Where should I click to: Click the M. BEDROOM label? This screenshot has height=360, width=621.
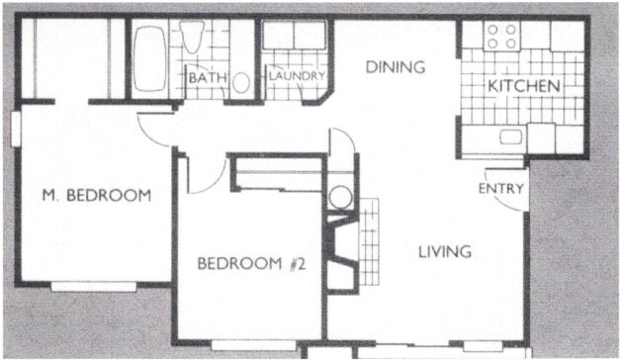(x=96, y=195)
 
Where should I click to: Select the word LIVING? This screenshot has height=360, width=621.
(x=443, y=251)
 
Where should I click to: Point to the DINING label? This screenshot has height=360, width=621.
(x=395, y=68)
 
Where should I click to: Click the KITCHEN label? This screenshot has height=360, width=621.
(x=524, y=86)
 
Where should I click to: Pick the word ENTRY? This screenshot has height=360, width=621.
(x=500, y=188)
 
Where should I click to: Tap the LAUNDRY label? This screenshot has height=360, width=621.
(x=296, y=75)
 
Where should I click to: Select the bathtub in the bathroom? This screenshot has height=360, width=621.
(x=151, y=58)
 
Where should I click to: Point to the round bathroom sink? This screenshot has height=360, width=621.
(x=242, y=81)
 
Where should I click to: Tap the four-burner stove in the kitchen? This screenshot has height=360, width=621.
(x=502, y=37)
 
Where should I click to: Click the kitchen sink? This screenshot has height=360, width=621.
(x=511, y=137)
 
